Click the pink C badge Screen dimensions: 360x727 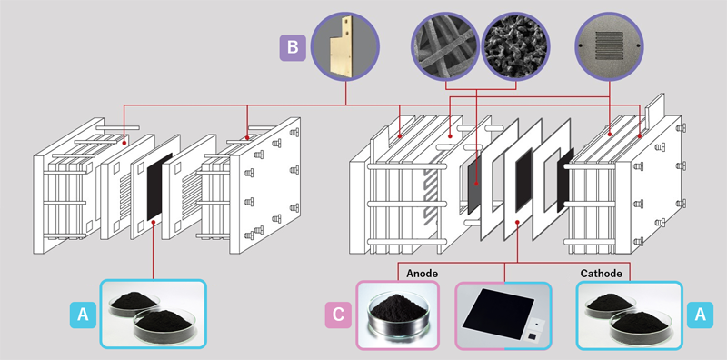[337, 315]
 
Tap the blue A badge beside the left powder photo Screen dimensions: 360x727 [82, 315]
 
